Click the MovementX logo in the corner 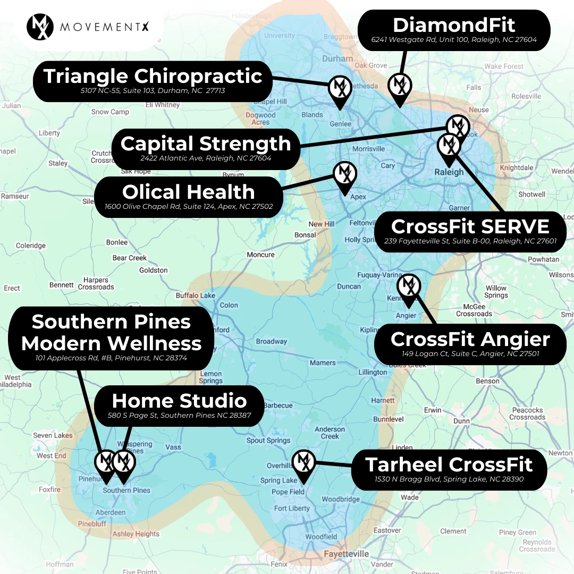(x=40, y=27)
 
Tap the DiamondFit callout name (x=454, y=26)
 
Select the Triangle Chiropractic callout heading (x=153, y=76)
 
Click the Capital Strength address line (x=206, y=158)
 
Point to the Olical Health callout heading (x=189, y=192)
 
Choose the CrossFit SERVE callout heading (x=470, y=226)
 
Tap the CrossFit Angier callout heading (x=470, y=339)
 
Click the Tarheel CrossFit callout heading (x=449, y=465)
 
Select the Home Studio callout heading (x=179, y=401)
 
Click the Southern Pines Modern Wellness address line (x=111, y=358)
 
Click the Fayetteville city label (x=346, y=554)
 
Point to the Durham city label (x=337, y=59)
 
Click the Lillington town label (x=373, y=373)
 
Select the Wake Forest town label (x=503, y=66)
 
